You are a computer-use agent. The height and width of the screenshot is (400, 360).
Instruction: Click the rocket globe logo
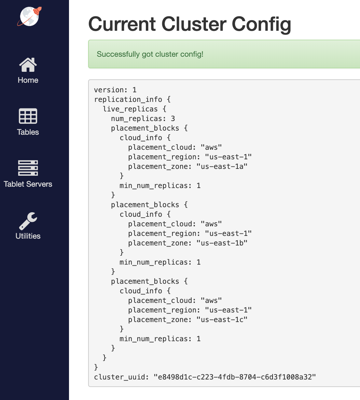pos(29,16)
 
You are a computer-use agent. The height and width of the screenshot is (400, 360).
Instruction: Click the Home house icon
pos(28,65)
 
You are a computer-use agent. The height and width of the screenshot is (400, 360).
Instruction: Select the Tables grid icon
pos(28,116)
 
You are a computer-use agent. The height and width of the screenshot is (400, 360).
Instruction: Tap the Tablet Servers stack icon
pos(28,168)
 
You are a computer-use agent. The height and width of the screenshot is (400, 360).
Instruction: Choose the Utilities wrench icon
pos(28,221)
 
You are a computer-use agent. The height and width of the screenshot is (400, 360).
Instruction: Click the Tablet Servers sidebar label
pos(28,184)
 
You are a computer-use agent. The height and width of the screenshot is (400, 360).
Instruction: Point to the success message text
pos(150,54)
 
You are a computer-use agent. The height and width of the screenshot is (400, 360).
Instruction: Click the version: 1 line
pos(115,90)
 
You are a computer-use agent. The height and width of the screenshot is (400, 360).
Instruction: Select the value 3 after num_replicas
pos(173,119)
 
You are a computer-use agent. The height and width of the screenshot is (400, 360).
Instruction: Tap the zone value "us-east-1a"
pos(222,166)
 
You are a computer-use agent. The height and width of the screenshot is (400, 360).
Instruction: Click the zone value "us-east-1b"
pos(222,243)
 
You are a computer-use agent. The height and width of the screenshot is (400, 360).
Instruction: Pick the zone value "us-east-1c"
pos(222,319)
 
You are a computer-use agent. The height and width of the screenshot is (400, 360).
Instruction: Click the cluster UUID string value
pos(235,377)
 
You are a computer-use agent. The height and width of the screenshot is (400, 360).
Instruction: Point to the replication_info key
pos(128,99)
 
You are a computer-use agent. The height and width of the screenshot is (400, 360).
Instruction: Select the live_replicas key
pos(130,109)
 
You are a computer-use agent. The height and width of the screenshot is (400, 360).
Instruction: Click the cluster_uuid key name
pos(120,377)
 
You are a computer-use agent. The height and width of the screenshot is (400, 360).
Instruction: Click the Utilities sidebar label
pos(28,236)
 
